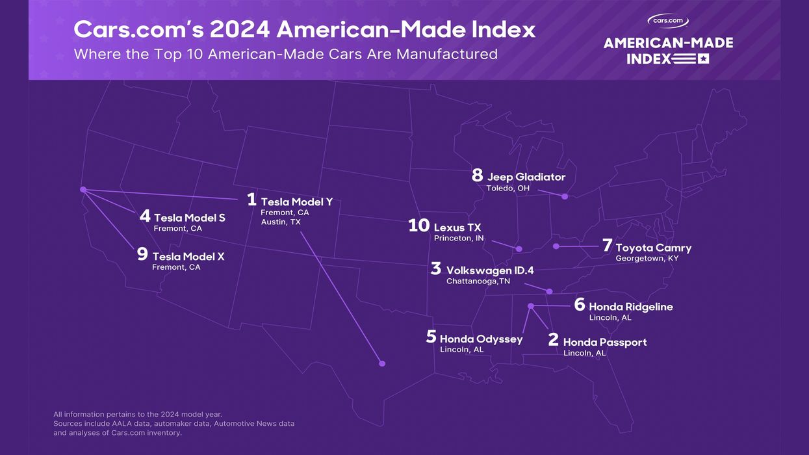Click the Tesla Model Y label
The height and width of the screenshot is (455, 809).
pos(296,202)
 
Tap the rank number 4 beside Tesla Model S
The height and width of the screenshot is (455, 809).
pos(145,216)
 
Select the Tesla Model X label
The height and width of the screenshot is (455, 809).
pos(188,257)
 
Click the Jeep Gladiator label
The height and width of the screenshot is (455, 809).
pos(526,177)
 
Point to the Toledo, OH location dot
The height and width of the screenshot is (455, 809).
pos(565,196)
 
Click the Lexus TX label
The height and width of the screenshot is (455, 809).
pos(457,227)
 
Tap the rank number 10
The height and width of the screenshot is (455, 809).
pos(419,226)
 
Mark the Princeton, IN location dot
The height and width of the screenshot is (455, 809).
pos(519,249)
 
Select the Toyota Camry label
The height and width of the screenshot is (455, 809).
pos(653,248)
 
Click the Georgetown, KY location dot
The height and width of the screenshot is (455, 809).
pos(556,246)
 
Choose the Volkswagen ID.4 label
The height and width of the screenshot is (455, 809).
pos(490,270)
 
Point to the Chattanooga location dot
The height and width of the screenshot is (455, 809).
pos(549,291)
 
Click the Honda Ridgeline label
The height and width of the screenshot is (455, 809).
pos(630,307)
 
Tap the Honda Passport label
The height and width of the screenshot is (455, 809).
pos(605,342)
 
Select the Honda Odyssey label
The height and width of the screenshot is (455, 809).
pos(481,339)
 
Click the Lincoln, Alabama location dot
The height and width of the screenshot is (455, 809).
pos(531,305)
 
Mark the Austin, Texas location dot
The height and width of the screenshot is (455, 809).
pos(382,363)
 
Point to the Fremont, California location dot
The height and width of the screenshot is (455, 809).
pos(83,190)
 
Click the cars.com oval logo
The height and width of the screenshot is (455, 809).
pos(668,21)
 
